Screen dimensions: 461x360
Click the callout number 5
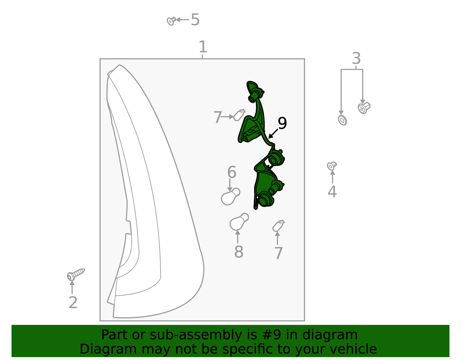point(195,20)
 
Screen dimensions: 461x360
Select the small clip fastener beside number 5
point(171,21)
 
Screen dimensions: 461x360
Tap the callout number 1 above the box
point(203,47)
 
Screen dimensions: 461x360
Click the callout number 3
point(356,58)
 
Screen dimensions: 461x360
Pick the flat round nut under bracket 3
point(342,120)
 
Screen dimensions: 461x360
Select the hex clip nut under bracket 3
point(364,108)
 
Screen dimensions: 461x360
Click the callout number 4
point(332,192)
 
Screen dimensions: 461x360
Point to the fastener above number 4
point(332,166)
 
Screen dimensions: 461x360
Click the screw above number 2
point(75,274)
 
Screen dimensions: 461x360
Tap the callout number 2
point(73,303)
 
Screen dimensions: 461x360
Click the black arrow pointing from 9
point(273,134)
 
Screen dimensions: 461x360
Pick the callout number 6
point(232,172)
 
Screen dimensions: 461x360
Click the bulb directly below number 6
point(230,197)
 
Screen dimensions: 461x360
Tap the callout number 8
point(239,252)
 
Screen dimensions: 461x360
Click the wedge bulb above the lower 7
point(278,226)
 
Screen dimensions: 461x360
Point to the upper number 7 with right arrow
point(218,117)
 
